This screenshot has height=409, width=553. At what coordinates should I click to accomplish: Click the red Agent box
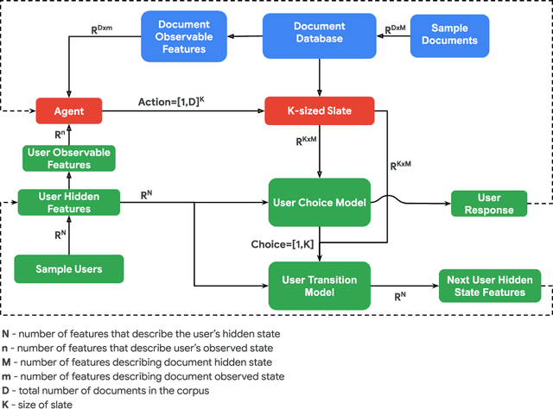coord(69,110)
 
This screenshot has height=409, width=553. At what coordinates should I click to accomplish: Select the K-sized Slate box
coord(319,110)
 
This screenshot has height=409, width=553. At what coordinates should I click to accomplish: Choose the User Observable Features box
coord(69,157)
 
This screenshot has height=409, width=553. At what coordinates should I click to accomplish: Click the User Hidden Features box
coord(69,204)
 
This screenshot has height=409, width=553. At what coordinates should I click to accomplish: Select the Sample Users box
coord(69,268)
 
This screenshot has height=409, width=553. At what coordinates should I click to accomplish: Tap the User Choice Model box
coord(319,204)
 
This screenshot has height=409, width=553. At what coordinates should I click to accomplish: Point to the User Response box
coord(490,204)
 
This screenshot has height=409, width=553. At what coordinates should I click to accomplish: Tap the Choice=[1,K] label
coord(281,244)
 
